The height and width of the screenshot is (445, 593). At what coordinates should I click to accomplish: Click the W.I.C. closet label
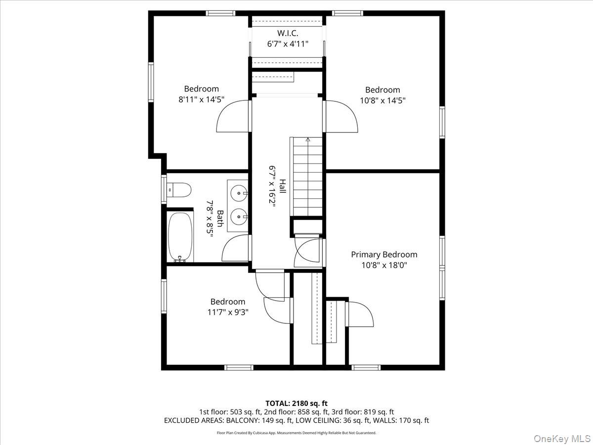(288, 33)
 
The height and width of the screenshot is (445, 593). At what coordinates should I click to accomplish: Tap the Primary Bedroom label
(384, 255)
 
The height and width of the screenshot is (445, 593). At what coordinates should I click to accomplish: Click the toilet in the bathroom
(179, 189)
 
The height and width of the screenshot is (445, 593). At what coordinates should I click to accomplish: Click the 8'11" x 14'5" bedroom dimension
(201, 99)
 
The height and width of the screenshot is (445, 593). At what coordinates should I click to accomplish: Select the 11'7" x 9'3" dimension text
(228, 312)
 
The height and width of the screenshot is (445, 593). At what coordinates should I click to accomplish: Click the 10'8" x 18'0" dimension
(384, 266)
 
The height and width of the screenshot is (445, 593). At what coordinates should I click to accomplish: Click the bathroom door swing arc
(235, 248)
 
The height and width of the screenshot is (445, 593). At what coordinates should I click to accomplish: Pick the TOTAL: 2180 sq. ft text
(296, 403)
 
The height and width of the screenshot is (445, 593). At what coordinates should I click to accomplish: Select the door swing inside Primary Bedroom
(360, 314)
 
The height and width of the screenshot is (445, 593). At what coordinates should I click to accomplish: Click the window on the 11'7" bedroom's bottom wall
(239, 367)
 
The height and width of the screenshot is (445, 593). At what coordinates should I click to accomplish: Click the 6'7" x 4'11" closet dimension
(288, 44)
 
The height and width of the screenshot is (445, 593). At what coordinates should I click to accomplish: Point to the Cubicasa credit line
(296, 433)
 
